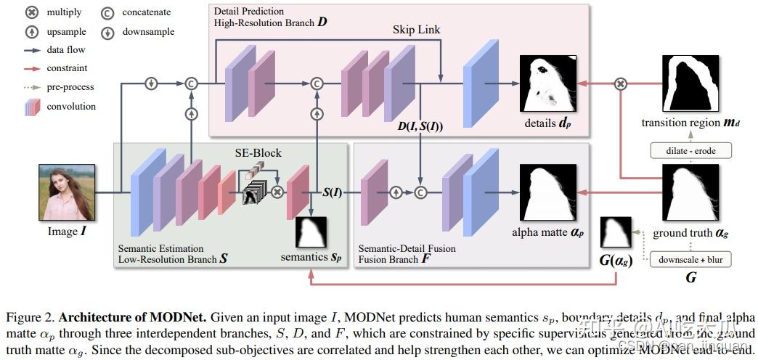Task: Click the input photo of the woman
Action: click(x=67, y=192)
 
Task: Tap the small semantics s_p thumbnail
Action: click(x=311, y=232)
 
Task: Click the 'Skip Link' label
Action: click(x=416, y=30)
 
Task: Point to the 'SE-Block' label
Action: click(x=257, y=153)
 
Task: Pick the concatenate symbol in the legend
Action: click(x=107, y=12)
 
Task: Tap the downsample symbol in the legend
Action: click(x=107, y=32)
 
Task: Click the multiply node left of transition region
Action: click(x=621, y=83)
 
